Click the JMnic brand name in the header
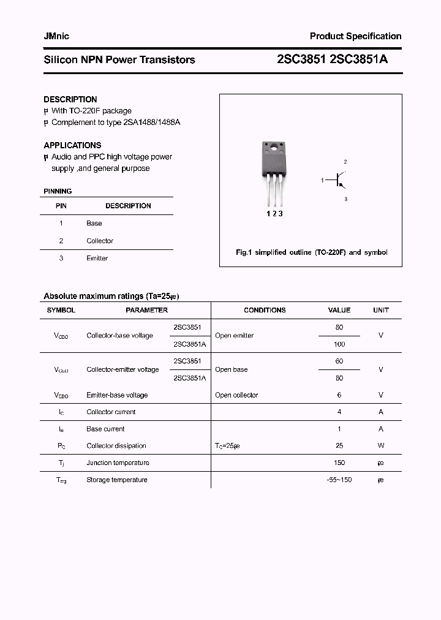[x=56, y=36]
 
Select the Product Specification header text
[x=355, y=36]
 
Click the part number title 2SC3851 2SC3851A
[x=332, y=59]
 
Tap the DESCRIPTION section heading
[x=70, y=99]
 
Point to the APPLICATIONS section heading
[x=72, y=145]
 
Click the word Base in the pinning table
[x=94, y=224]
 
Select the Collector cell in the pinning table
[x=100, y=241]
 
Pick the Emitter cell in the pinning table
[x=97, y=259]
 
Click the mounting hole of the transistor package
[x=273, y=148]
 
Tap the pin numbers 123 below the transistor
[x=274, y=213]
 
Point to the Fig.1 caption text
[x=311, y=252]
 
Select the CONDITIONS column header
[x=265, y=311]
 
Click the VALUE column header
[x=339, y=311]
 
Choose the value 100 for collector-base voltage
[x=339, y=344]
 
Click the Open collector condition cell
[x=236, y=395]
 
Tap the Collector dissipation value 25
[x=339, y=446]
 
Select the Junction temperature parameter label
[x=118, y=463]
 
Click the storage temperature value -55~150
[x=339, y=480]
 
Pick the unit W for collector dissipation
[x=380, y=446]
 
